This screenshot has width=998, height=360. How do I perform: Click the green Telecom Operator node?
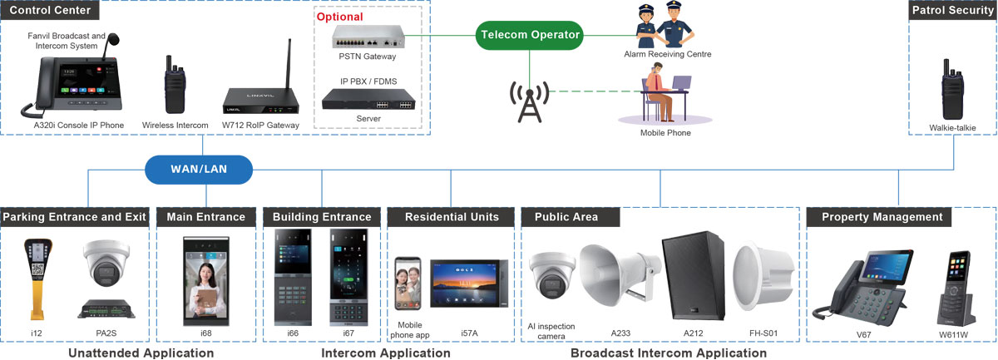point(530,35)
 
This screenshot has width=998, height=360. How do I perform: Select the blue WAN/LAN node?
point(199,170)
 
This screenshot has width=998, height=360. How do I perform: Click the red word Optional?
point(339,17)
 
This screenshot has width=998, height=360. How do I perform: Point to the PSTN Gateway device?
point(368,37)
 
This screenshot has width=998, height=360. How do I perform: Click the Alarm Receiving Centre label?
point(667,54)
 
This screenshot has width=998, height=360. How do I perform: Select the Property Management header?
point(882,217)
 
